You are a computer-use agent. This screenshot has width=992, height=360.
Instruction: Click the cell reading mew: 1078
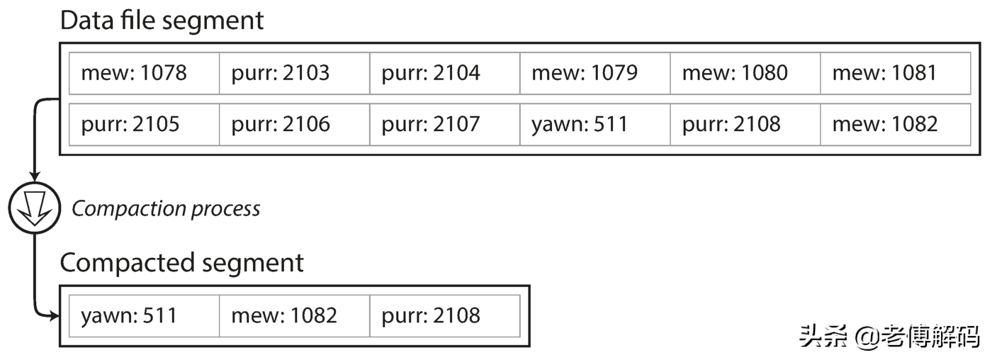[x=145, y=73]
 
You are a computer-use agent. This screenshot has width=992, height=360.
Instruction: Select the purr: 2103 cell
[x=295, y=73]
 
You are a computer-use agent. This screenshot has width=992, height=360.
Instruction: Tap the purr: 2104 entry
[x=445, y=73]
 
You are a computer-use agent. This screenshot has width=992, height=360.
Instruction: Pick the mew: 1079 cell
[x=594, y=73]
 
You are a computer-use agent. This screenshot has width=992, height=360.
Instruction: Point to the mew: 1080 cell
[x=745, y=73]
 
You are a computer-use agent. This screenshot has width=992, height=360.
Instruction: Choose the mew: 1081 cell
[x=895, y=73]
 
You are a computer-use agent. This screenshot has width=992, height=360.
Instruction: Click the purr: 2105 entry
[x=145, y=125]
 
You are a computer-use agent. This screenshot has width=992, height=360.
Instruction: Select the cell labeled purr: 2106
[x=295, y=125]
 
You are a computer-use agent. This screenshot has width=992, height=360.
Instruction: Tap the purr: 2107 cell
[x=445, y=125]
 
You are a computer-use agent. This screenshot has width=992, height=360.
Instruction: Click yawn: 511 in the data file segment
[x=594, y=125]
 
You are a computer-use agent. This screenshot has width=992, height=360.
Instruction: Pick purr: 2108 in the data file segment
[x=745, y=125]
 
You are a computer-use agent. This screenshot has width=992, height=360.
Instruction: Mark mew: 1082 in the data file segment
[x=895, y=125]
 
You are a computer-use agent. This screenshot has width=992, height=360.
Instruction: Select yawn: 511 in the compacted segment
[x=145, y=316]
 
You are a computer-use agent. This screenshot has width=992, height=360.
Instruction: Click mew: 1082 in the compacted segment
[x=295, y=316]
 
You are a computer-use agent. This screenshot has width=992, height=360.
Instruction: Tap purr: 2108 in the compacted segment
[x=445, y=316]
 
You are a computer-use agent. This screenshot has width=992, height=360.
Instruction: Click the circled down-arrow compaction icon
[x=35, y=208]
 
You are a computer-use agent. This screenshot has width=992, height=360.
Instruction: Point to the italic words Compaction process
[x=166, y=209]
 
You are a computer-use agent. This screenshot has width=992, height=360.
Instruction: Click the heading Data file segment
[x=162, y=21]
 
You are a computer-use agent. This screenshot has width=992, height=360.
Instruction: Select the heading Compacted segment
[x=181, y=264]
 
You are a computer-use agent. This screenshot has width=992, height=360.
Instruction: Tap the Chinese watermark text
[x=889, y=337]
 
